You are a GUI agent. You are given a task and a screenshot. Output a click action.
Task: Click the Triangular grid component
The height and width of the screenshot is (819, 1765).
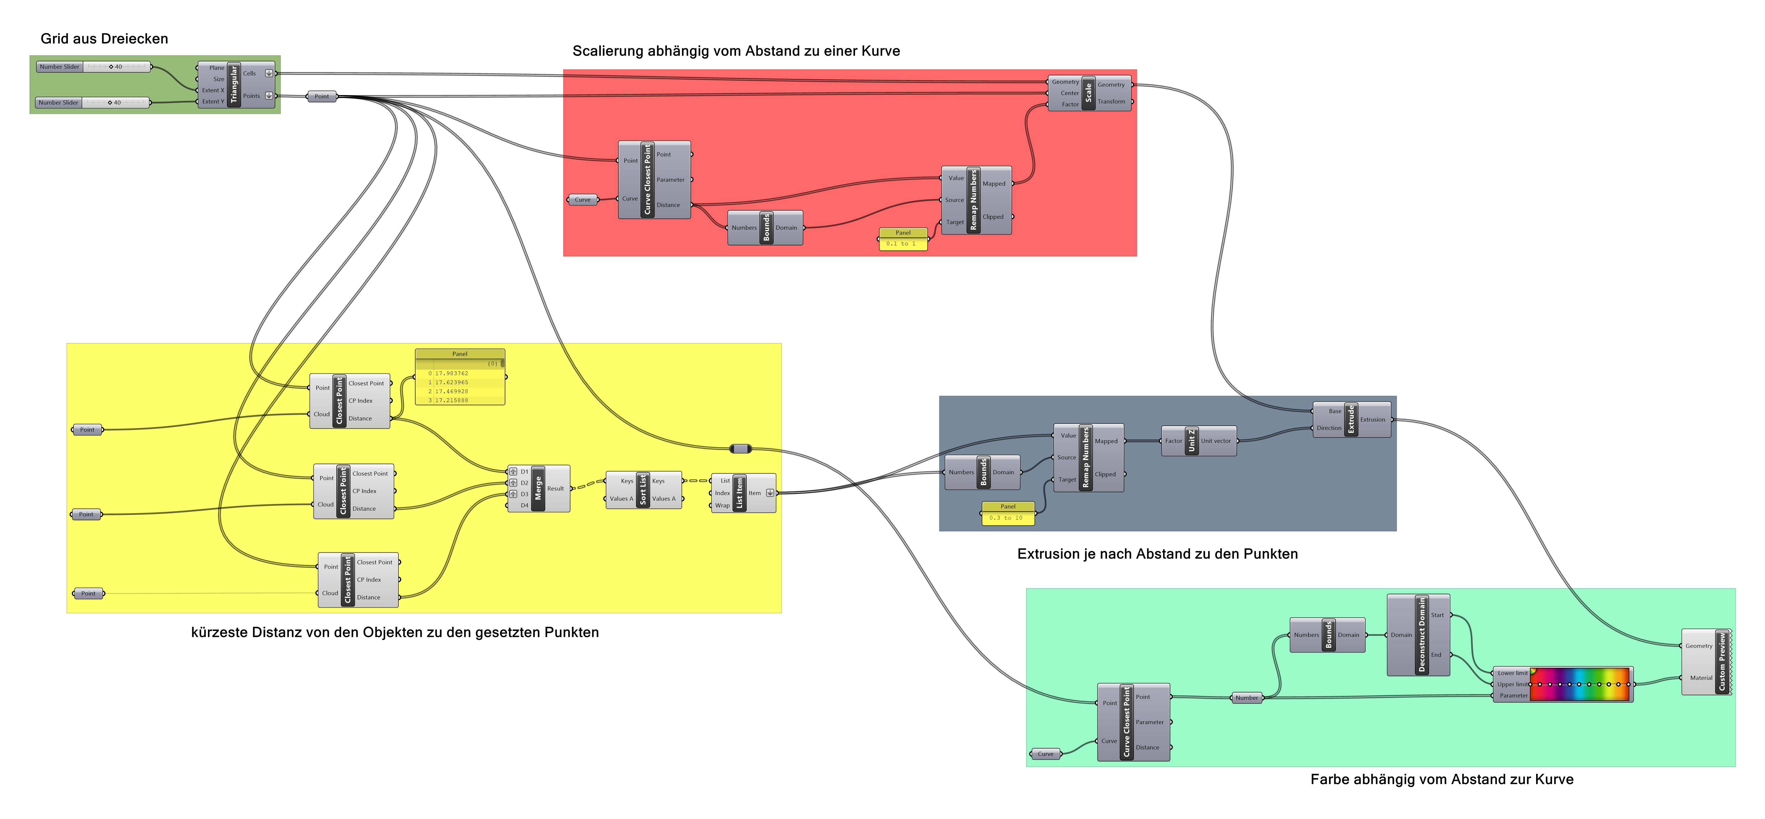234,84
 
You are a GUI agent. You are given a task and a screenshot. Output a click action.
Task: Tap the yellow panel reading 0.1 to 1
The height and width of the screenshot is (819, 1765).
902,243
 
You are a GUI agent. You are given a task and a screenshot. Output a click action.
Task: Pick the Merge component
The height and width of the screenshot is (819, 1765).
538,488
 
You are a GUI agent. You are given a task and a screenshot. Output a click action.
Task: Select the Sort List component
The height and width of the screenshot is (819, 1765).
643,490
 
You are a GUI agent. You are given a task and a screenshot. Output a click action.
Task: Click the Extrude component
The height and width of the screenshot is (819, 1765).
1350,419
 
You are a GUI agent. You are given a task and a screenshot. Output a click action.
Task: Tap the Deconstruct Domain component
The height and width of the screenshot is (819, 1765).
1422,635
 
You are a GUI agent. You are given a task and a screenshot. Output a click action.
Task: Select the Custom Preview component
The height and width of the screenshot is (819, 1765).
1721,662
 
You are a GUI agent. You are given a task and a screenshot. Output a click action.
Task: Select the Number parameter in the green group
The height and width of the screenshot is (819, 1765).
1246,698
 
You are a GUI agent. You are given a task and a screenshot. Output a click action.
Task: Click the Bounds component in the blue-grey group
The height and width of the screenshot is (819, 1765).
983,472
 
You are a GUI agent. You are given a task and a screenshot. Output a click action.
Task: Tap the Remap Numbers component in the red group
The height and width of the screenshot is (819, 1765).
974,200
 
